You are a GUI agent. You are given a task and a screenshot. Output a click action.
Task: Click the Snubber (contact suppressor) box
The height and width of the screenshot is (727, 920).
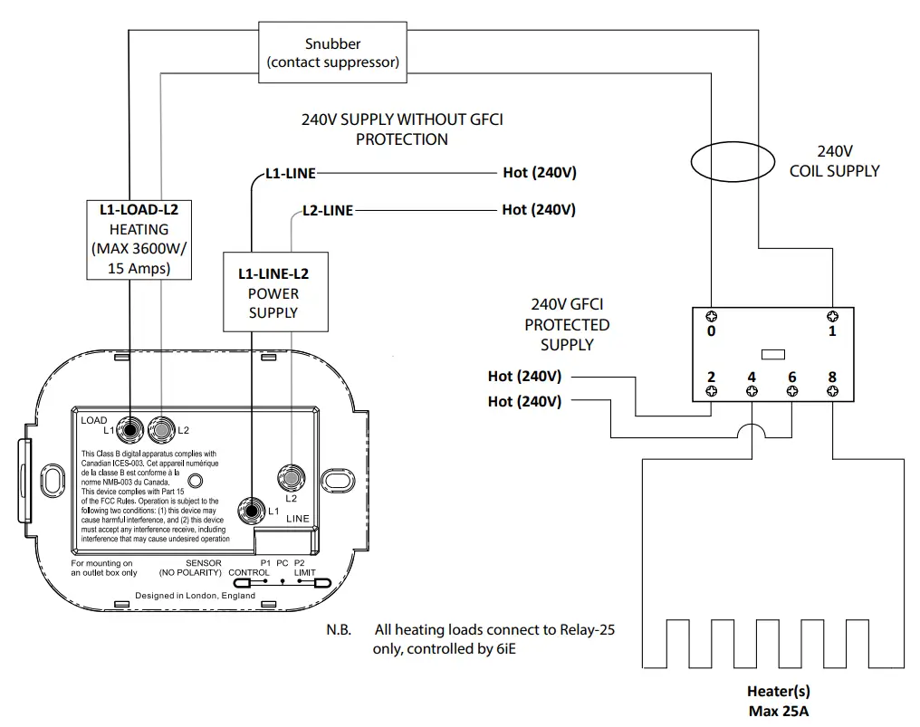(332, 53)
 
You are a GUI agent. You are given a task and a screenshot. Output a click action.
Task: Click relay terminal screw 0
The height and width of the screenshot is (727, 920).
(712, 316)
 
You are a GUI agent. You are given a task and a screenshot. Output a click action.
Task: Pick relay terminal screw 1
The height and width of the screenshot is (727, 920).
(832, 316)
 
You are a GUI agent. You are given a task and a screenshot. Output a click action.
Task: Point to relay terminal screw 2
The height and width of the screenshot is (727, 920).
(712, 391)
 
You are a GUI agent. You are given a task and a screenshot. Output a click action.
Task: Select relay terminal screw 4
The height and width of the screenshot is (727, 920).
(752, 391)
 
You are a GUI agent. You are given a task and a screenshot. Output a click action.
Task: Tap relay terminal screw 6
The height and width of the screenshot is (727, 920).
(792, 391)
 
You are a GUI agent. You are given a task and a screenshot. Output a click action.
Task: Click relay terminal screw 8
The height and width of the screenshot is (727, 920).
(832, 391)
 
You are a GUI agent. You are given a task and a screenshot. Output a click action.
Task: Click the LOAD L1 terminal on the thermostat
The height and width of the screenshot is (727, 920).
(132, 428)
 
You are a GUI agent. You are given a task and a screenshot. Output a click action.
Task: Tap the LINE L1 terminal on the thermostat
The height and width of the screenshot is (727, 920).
(251, 511)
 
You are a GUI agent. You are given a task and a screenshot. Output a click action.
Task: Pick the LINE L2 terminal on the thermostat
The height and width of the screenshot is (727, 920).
(292, 475)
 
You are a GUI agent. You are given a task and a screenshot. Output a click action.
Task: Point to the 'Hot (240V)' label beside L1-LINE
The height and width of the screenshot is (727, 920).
(539, 173)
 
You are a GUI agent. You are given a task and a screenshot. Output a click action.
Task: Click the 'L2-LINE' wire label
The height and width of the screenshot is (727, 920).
(327, 210)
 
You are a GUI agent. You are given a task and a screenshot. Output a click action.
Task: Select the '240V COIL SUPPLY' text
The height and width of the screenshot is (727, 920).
(834, 161)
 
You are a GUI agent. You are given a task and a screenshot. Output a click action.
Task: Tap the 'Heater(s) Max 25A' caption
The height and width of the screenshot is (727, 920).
(778, 701)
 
